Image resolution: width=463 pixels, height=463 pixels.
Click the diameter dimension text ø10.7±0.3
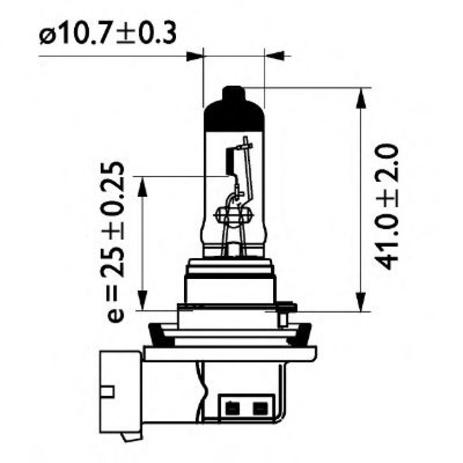(107, 34)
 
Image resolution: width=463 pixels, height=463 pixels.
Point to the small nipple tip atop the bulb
(234, 92)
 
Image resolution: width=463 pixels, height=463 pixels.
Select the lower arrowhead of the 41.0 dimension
(361, 302)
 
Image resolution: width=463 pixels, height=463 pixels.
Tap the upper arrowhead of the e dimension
(141, 185)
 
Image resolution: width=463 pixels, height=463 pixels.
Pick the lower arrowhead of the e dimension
(141, 301)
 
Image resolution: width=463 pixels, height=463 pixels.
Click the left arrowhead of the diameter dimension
(196, 56)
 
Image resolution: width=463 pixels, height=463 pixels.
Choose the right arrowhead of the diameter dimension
(273, 56)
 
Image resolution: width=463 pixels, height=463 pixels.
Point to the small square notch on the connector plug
(109, 392)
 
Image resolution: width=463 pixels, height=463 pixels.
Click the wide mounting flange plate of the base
(230, 353)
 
